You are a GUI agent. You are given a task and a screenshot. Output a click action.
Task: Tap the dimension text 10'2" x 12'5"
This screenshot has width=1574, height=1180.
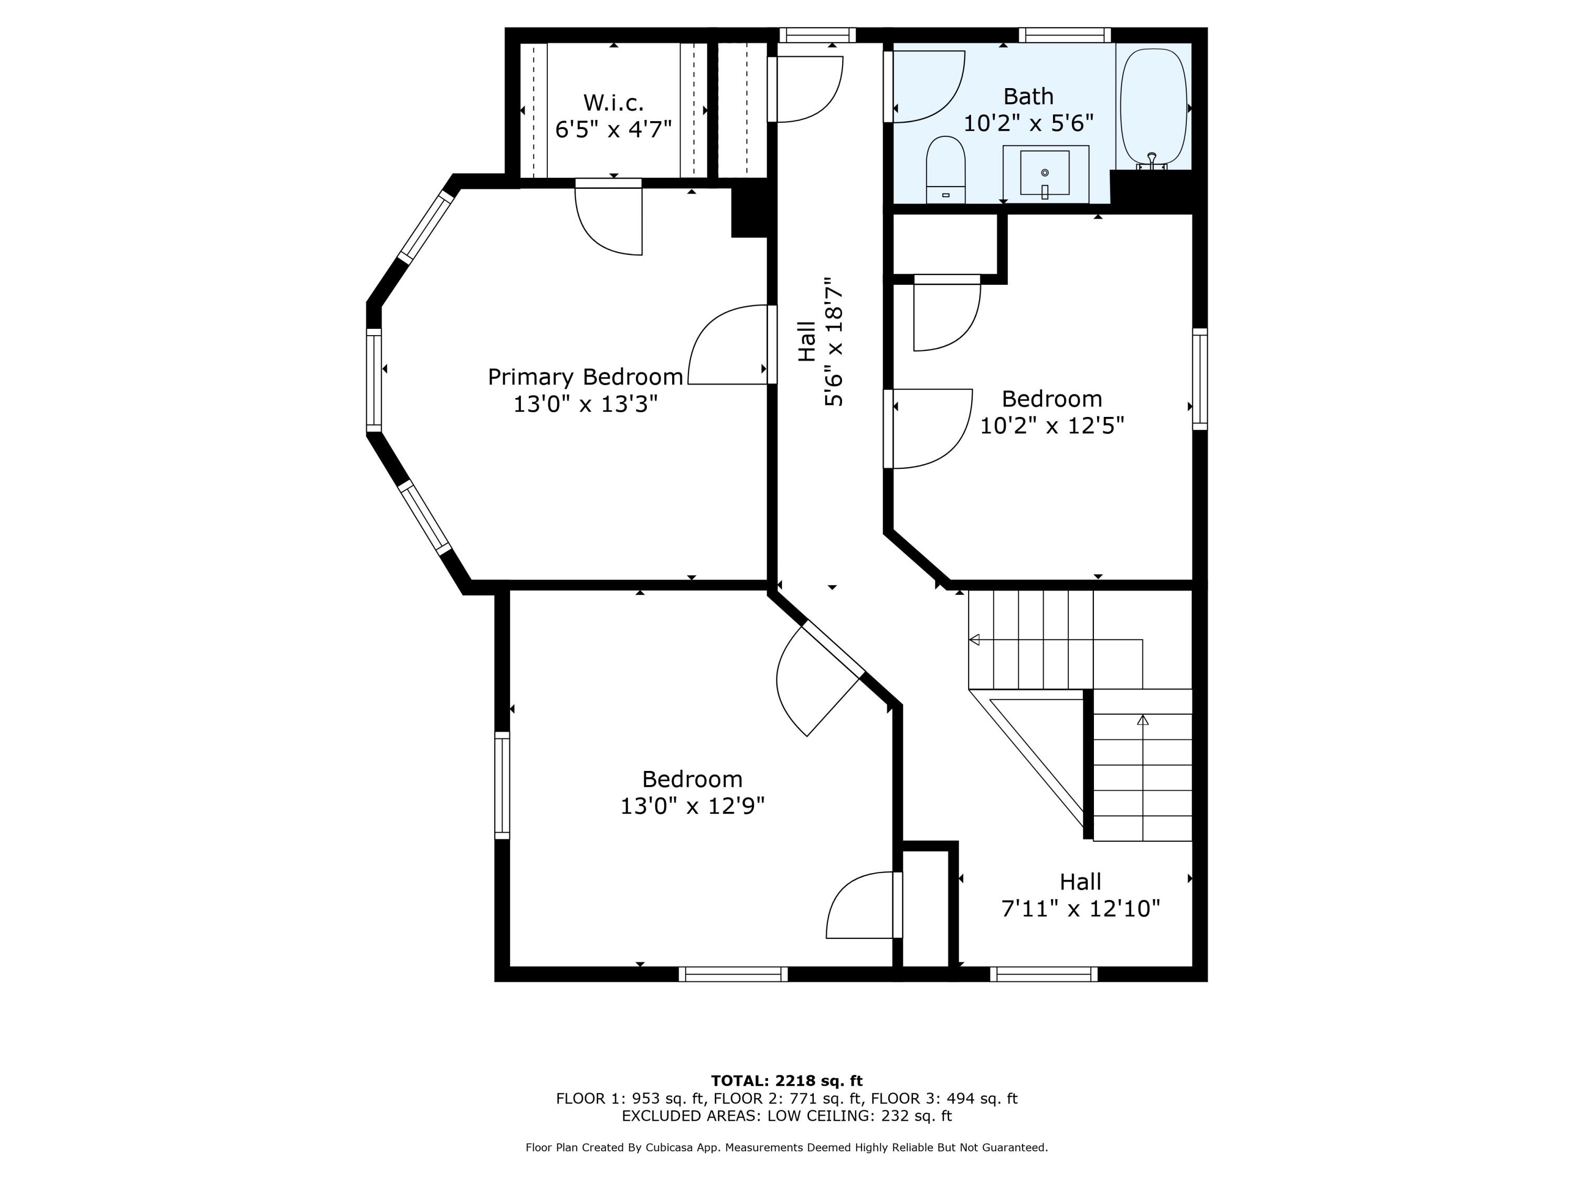(x=1052, y=425)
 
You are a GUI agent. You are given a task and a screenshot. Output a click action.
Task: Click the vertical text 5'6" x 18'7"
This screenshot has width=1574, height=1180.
(x=833, y=341)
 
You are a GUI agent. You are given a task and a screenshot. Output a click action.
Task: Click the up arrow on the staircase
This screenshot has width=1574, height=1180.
(x=1143, y=720)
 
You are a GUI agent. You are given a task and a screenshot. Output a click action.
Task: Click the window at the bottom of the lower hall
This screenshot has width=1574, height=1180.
(x=1043, y=974)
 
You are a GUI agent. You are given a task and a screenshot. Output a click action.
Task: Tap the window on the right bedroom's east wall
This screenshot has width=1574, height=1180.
(x=1200, y=379)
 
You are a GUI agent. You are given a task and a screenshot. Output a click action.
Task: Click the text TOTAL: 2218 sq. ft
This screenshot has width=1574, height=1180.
(x=786, y=1081)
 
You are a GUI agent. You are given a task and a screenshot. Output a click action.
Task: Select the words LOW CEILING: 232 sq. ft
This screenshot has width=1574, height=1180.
(x=859, y=1115)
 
